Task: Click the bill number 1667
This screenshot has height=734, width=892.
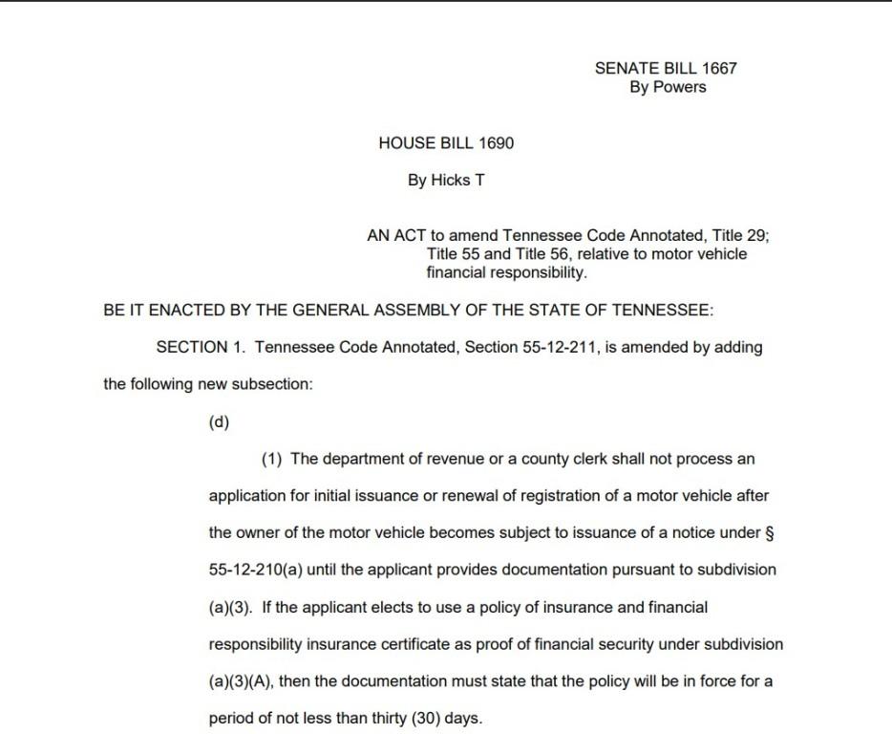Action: (719, 68)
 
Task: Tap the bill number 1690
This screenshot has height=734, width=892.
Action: (496, 143)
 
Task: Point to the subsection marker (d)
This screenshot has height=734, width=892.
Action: (219, 421)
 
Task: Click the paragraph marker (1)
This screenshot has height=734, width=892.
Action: (272, 459)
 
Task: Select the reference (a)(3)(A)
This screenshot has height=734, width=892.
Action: (239, 681)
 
